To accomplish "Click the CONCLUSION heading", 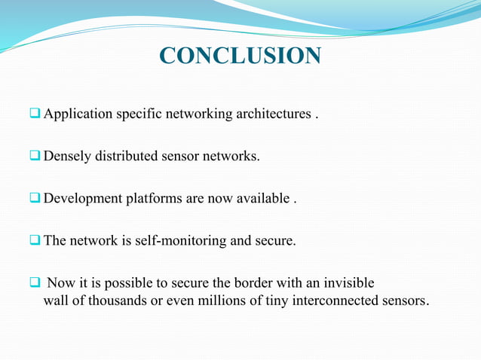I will click(240, 56).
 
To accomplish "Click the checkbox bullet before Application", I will click(35, 114).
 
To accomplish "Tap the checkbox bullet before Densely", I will click(35, 156).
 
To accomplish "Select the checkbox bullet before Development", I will click(35, 198).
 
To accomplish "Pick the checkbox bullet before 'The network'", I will click(35, 241).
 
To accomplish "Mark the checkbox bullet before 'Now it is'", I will click(35, 283).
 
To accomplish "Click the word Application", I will click(78, 114).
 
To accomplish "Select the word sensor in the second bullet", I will click(182, 157).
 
